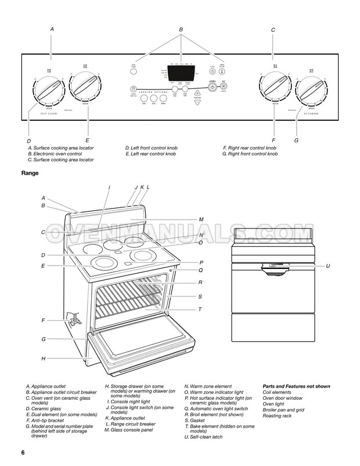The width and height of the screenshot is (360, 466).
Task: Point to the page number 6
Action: coord(23,452)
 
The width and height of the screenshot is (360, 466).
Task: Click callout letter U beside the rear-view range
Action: coord(328,266)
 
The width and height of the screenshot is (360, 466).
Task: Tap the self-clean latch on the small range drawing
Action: coord(272,267)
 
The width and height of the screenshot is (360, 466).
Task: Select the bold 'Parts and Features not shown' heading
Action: coord(296,386)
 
